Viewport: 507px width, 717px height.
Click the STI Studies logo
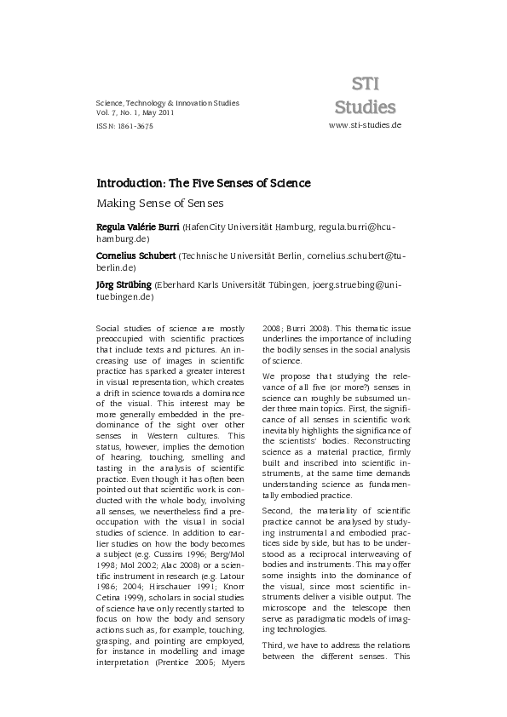coord(365,95)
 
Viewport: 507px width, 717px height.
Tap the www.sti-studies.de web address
coord(364,124)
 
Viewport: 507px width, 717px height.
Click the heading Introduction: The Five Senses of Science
coord(203,183)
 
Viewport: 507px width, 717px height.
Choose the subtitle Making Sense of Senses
coord(159,204)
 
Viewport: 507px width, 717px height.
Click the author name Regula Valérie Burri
coord(137,228)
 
